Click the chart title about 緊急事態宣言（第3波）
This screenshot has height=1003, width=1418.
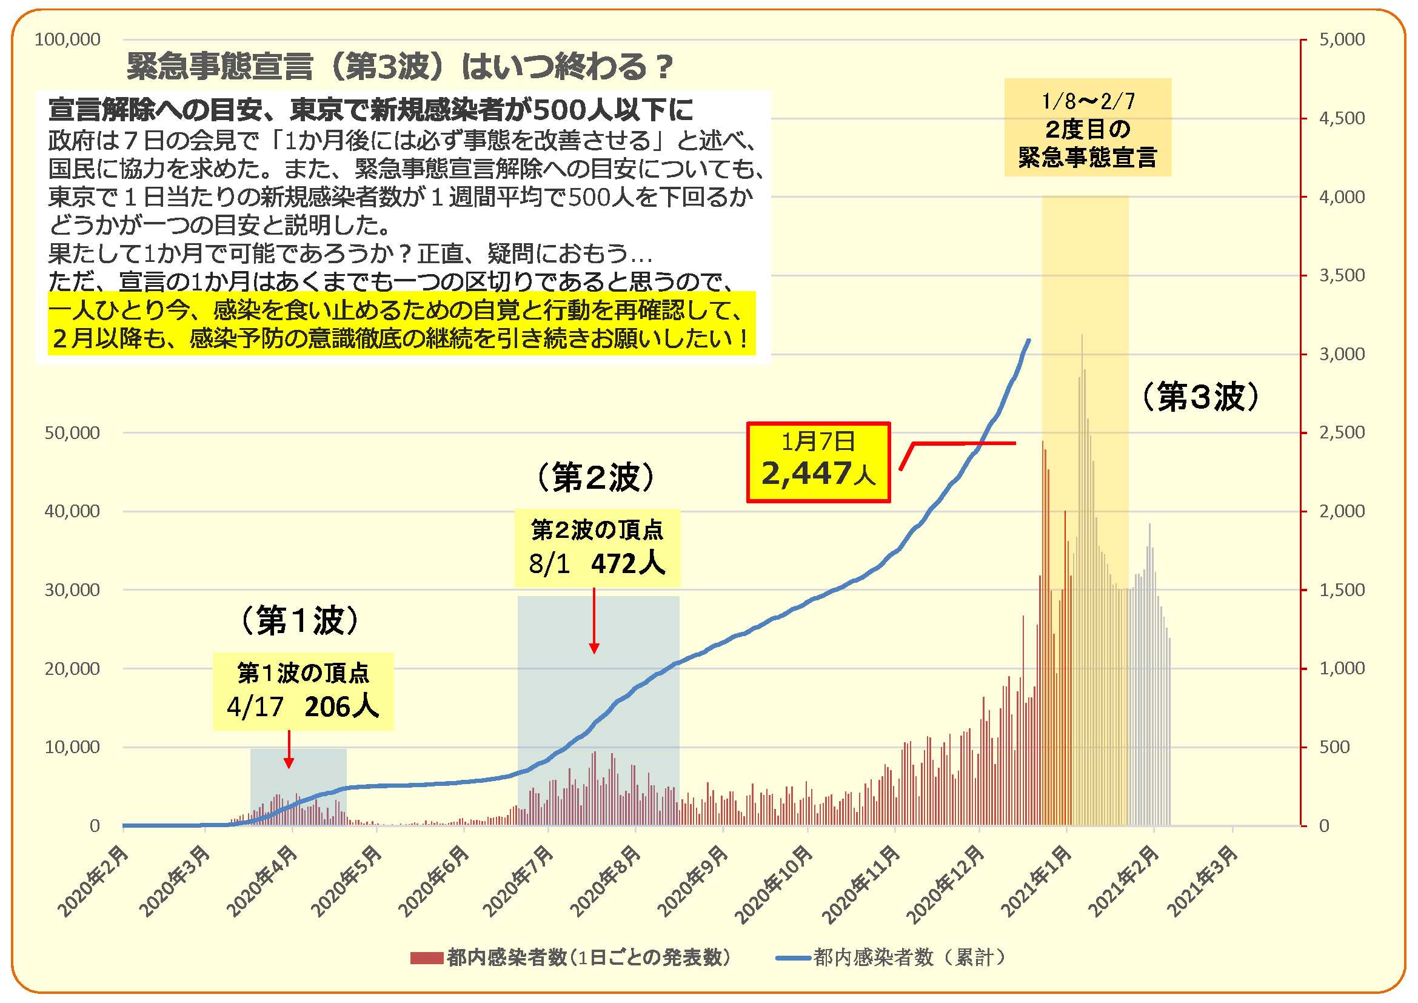[x=399, y=67]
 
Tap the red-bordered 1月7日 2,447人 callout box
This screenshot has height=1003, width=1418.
[x=818, y=462]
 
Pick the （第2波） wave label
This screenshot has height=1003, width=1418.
[x=595, y=477]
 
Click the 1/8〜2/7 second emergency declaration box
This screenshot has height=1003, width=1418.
[x=1087, y=128]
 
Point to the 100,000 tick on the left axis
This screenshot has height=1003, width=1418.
[x=67, y=39]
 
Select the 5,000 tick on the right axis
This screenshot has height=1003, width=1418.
[x=1342, y=39]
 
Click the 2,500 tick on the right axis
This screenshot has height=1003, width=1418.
[x=1342, y=432]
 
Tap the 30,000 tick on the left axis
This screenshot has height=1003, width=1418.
[x=72, y=590]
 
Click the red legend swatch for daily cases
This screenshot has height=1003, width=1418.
[x=426, y=958]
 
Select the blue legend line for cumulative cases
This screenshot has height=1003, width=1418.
[x=793, y=958]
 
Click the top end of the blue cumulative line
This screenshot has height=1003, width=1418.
[x=1028, y=340]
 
